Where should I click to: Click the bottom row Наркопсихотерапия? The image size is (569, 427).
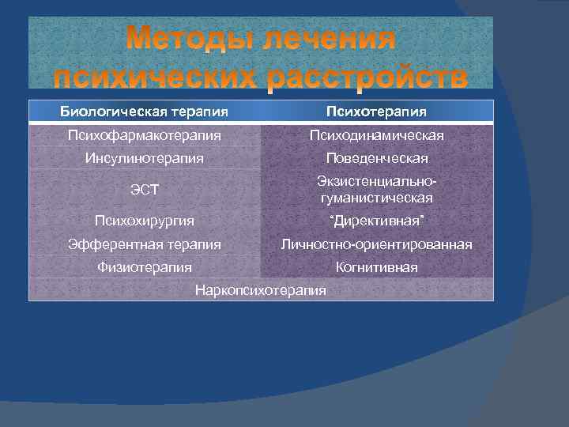pos(260,290)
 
